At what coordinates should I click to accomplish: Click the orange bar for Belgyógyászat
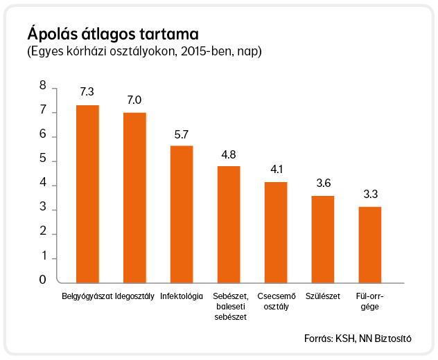click(87, 194)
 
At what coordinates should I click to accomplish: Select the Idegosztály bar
click(134, 198)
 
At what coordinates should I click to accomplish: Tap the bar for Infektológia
click(182, 215)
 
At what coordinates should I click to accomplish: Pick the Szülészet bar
click(323, 240)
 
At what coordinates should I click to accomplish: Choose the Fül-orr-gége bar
click(370, 245)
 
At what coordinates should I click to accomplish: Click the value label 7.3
click(87, 91)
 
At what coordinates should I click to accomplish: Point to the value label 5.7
click(182, 134)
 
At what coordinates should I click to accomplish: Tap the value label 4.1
click(277, 169)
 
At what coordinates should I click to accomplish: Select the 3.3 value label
click(370, 194)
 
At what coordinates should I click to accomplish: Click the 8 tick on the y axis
click(43, 85)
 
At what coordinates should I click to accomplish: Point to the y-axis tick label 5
click(43, 159)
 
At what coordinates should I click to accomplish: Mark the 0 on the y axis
click(42, 280)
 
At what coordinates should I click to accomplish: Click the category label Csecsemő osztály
click(277, 301)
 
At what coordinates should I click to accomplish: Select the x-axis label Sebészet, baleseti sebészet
click(231, 307)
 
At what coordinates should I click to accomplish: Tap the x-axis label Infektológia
click(182, 296)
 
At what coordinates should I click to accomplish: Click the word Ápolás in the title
click(52, 34)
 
